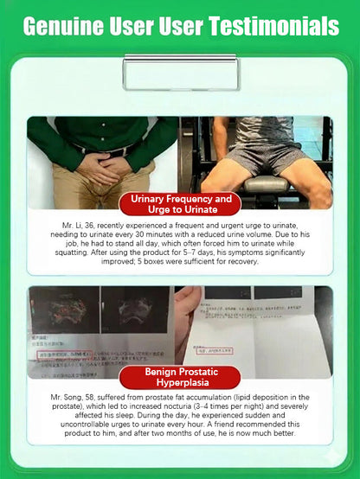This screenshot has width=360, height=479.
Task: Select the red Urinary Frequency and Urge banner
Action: (x=180, y=204)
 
